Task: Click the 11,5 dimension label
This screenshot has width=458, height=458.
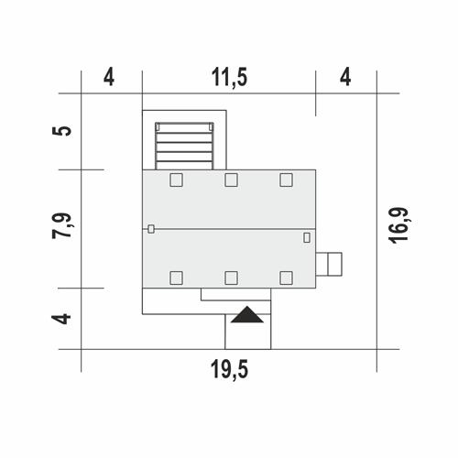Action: click(x=229, y=78)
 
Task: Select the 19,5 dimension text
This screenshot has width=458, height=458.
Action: click(x=229, y=369)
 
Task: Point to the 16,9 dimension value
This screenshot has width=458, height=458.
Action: click(x=398, y=225)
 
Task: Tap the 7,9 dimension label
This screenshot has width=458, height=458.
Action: click(x=62, y=225)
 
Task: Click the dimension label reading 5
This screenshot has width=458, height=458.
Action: click(x=62, y=131)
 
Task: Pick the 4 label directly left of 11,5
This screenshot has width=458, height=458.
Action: click(x=109, y=77)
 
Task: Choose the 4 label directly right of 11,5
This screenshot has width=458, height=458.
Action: click(x=345, y=77)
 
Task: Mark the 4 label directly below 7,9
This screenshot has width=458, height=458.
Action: click(x=61, y=319)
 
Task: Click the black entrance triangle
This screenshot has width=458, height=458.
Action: click(x=247, y=314)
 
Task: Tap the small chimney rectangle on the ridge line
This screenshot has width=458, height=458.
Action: click(x=151, y=229)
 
